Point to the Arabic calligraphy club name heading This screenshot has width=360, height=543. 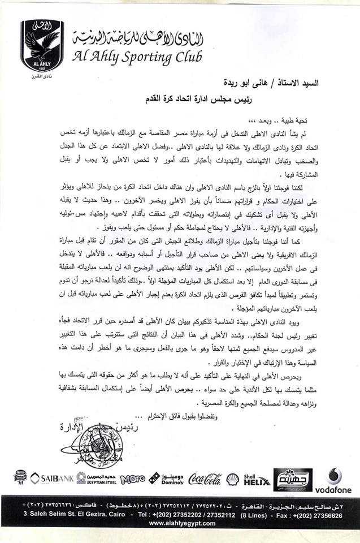click(138, 39)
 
